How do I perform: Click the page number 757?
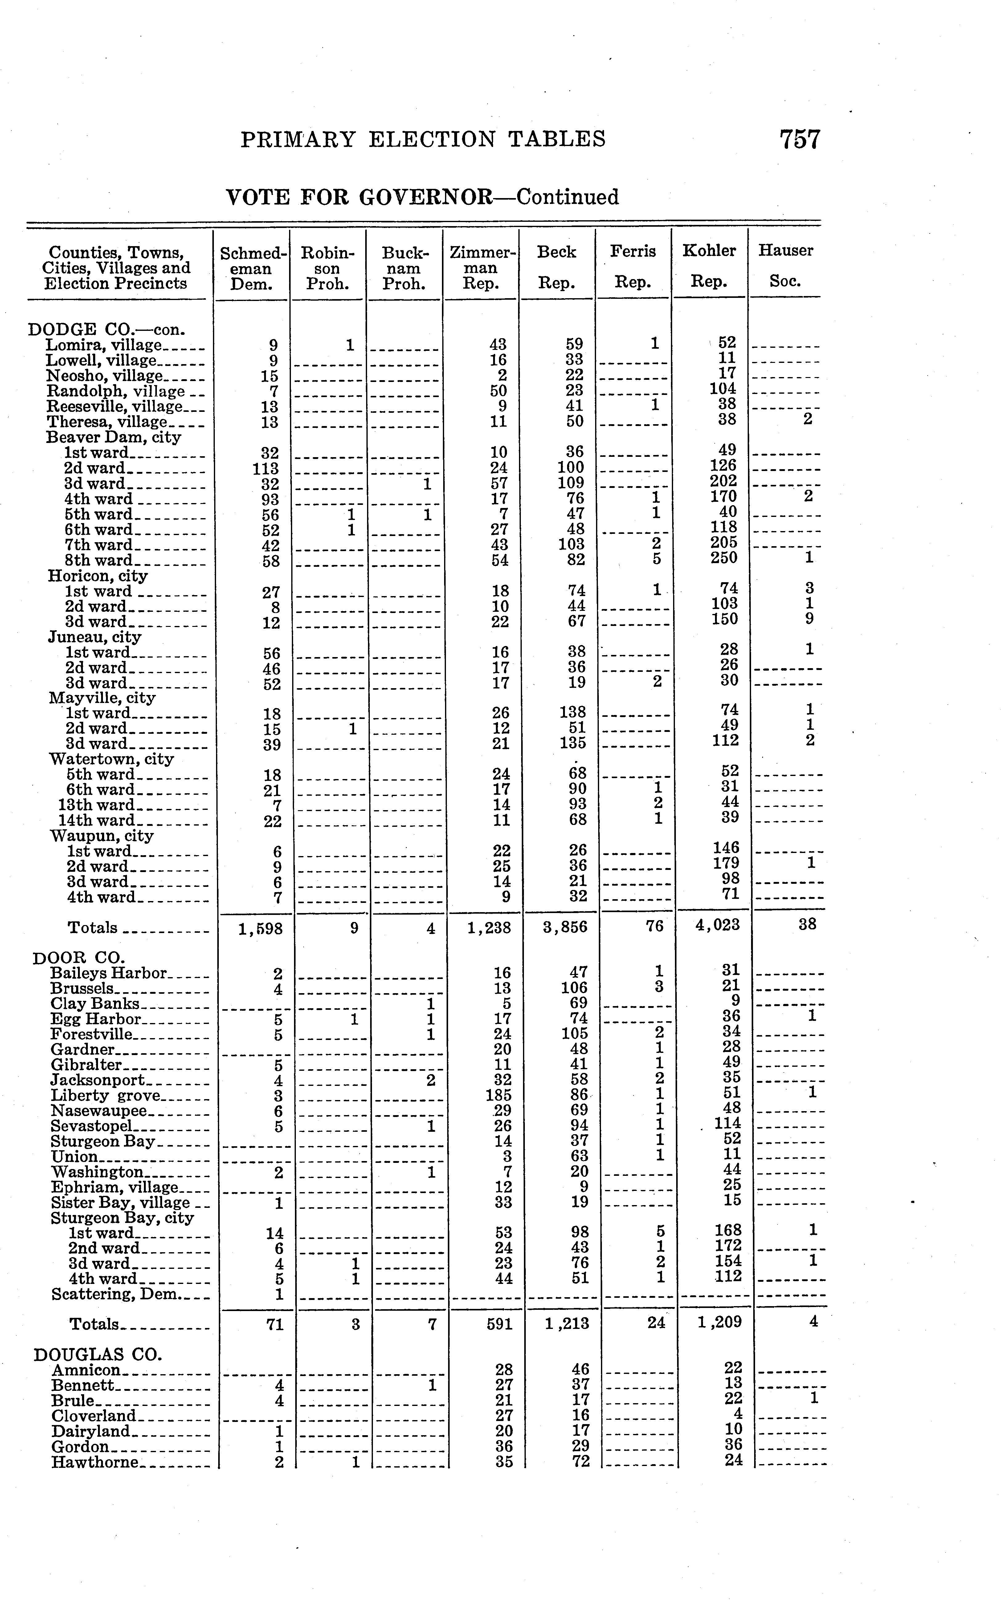[x=800, y=140]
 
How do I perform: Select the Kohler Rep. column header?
[x=709, y=266]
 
